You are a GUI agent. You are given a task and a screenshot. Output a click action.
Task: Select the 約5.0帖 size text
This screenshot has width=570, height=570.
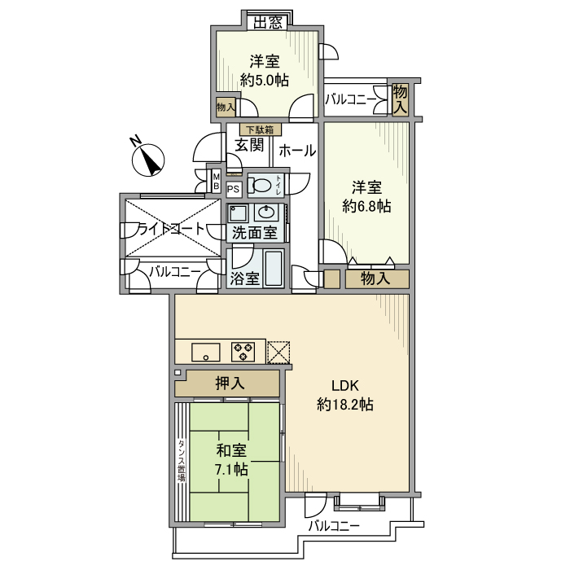tap(265, 80)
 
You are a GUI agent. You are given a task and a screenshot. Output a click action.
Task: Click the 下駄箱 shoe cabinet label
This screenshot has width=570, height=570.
tap(261, 129)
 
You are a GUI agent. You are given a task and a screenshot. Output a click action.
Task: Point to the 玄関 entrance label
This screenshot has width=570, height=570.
tap(249, 146)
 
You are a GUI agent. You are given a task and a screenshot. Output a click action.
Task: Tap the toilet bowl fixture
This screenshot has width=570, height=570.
tap(261, 185)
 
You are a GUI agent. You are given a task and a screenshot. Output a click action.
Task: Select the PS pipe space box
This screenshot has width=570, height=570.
tap(234, 189)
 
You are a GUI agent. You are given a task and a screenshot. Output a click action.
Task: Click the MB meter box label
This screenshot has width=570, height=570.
tap(217, 180)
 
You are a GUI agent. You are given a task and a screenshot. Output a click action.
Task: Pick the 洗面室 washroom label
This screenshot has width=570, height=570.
tap(254, 233)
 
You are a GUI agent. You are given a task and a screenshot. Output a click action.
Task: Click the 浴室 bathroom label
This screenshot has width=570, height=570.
tap(244, 278)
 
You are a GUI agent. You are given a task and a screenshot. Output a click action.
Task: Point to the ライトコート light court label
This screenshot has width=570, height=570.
tap(171, 229)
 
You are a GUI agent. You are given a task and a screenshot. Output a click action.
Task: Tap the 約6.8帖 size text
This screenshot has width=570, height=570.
tap(366, 207)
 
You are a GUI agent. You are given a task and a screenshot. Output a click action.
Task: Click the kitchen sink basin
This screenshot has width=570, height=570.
tap(204, 352)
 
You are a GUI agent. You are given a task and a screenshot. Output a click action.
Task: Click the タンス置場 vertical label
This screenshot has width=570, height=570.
tap(181, 461)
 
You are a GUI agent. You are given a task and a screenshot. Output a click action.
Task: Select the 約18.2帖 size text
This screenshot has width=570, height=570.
tap(344, 405)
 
